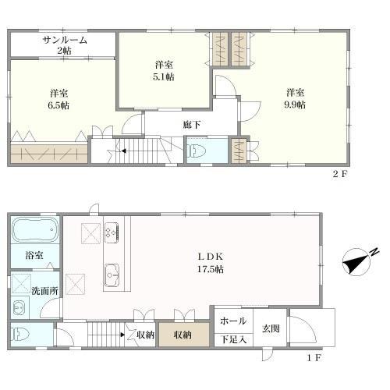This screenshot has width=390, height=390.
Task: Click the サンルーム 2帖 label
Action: [x=65, y=45]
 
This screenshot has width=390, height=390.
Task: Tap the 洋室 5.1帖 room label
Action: [x=164, y=70]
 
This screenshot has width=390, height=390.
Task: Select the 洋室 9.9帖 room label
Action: [x=295, y=98]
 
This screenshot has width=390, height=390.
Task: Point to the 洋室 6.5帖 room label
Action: [x=58, y=99]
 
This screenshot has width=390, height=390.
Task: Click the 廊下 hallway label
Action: [x=192, y=125]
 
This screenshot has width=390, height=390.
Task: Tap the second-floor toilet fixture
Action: [x=197, y=151]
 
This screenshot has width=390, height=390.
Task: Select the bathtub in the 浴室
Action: [x=35, y=230]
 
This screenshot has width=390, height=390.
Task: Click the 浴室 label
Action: [x=34, y=255]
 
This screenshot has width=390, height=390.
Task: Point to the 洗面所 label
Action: [x=44, y=291]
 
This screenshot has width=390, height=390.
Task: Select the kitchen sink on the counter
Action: [x=112, y=275]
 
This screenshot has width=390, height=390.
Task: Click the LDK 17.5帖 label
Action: [x=211, y=263]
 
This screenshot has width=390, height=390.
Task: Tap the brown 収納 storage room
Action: [x=184, y=335]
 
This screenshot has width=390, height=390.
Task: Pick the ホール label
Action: [x=233, y=321]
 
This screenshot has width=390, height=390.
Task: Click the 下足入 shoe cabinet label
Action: [x=233, y=339]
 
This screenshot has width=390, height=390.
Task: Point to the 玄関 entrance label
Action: [x=271, y=328]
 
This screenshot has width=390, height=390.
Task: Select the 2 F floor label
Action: [x=340, y=174]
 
